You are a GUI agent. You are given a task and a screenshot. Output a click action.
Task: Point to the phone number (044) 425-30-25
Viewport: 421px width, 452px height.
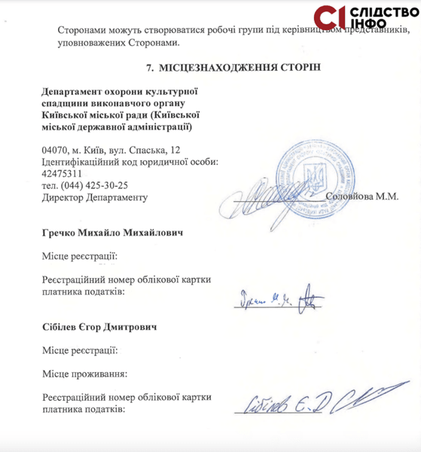click(x=85, y=185)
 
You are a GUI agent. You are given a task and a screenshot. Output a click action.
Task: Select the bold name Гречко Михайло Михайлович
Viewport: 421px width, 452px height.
click(x=114, y=233)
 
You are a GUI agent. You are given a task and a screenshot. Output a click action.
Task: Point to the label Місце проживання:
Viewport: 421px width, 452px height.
click(x=84, y=373)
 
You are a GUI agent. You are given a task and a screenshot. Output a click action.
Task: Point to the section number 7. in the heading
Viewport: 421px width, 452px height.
click(x=151, y=68)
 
